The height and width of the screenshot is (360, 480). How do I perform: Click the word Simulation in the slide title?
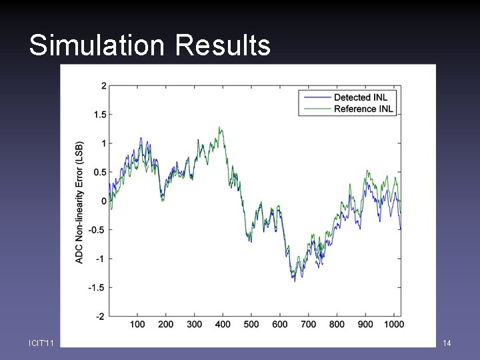(96, 46)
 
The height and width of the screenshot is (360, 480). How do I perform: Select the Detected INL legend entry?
(361, 97)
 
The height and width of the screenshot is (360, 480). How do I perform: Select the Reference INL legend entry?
(363, 109)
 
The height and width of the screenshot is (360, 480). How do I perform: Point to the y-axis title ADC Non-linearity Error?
(80, 201)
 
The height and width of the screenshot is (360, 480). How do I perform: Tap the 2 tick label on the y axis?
(103, 86)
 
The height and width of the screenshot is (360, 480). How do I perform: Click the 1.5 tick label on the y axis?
(99, 115)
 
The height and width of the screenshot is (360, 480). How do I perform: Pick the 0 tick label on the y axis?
(103, 201)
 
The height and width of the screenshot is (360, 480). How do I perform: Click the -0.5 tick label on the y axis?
(97, 230)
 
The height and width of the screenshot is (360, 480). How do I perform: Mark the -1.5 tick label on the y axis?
(97, 287)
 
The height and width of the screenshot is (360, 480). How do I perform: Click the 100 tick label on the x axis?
(137, 325)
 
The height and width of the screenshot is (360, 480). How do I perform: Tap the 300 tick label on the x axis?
(195, 325)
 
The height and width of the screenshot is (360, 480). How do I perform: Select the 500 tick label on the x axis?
(251, 325)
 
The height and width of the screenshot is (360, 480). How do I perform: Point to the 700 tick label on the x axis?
(309, 325)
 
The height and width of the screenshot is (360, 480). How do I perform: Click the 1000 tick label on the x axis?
(394, 325)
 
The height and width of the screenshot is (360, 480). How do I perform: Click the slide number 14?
(447, 343)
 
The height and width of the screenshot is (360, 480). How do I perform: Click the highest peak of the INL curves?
(220, 127)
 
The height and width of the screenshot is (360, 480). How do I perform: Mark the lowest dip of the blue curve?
(295, 281)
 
